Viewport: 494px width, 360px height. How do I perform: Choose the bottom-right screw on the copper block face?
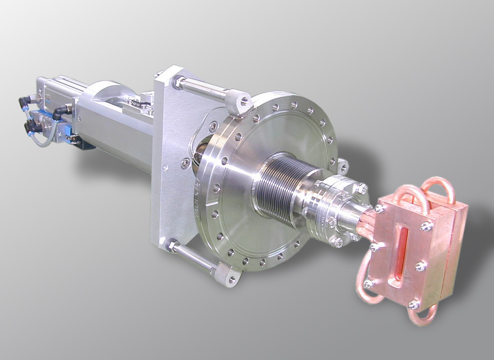[412, 306]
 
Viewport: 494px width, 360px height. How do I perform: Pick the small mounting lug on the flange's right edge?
[342, 165]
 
